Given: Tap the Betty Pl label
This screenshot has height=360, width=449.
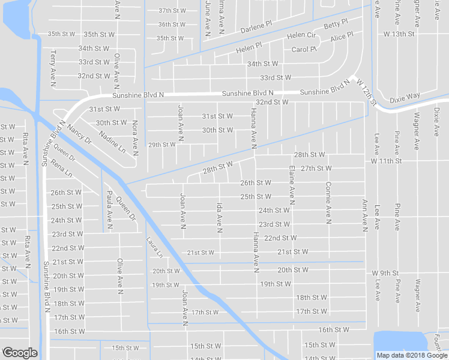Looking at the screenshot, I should (x=336, y=25).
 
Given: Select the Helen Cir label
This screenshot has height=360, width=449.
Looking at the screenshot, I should (x=301, y=35).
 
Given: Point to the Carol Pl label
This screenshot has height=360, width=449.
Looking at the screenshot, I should (x=304, y=49).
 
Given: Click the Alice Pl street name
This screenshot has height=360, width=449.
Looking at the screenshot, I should (x=342, y=38).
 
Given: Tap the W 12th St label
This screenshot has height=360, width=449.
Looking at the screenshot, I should (x=365, y=92).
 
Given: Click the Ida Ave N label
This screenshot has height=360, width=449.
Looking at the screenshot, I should (x=220, y=216).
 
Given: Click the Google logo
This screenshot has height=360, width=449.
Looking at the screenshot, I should (x=20, y=353).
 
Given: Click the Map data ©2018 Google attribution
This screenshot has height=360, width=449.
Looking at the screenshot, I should (x=412, y=355).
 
